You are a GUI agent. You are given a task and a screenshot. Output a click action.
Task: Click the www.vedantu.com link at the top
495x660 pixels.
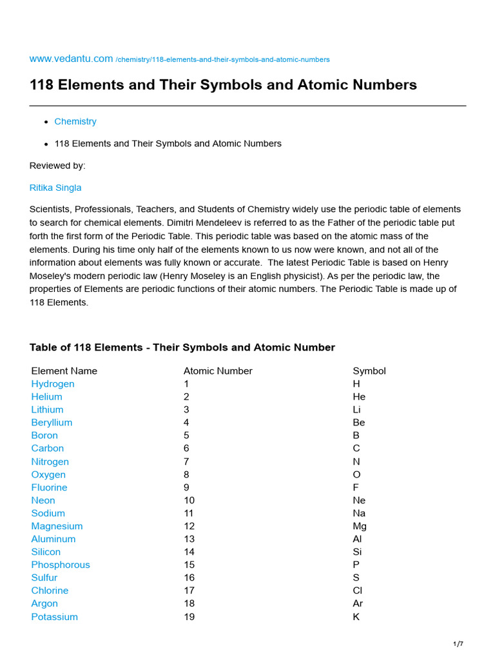[71, 59]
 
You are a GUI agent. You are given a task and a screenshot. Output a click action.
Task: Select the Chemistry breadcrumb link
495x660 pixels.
[75, 121]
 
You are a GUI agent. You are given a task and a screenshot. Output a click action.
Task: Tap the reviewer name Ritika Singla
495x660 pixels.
[55, 188]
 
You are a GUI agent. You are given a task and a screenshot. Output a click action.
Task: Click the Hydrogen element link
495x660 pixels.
[53, 383]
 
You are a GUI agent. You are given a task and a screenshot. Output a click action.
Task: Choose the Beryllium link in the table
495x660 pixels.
[52, 422]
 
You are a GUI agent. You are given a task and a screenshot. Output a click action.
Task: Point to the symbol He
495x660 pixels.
[359, 396]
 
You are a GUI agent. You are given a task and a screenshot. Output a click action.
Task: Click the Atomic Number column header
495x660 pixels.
[218, 371]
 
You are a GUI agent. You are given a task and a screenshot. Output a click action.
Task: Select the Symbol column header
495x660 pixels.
[369, 371]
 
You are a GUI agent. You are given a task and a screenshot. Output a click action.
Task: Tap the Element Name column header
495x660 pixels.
[64, 371]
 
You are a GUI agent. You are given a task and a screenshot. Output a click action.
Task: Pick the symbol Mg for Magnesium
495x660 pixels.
[360, 526]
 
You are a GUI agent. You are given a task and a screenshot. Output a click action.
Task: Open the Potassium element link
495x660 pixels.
[54, 617]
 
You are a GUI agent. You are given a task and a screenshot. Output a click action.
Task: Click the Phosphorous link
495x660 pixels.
[61, 565]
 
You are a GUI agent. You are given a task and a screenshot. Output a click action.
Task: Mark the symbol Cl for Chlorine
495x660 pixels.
[357, 590]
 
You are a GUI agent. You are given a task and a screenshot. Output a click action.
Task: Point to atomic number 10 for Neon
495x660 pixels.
[189, 500]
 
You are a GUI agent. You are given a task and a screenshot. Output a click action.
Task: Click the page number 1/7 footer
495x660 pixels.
[458, 644]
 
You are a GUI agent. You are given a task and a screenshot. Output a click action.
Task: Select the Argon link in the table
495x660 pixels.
[44, 603]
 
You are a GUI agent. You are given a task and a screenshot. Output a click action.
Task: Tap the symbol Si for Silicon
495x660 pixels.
[357, 552]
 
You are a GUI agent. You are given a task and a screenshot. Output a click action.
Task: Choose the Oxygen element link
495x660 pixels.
[48, 474]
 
